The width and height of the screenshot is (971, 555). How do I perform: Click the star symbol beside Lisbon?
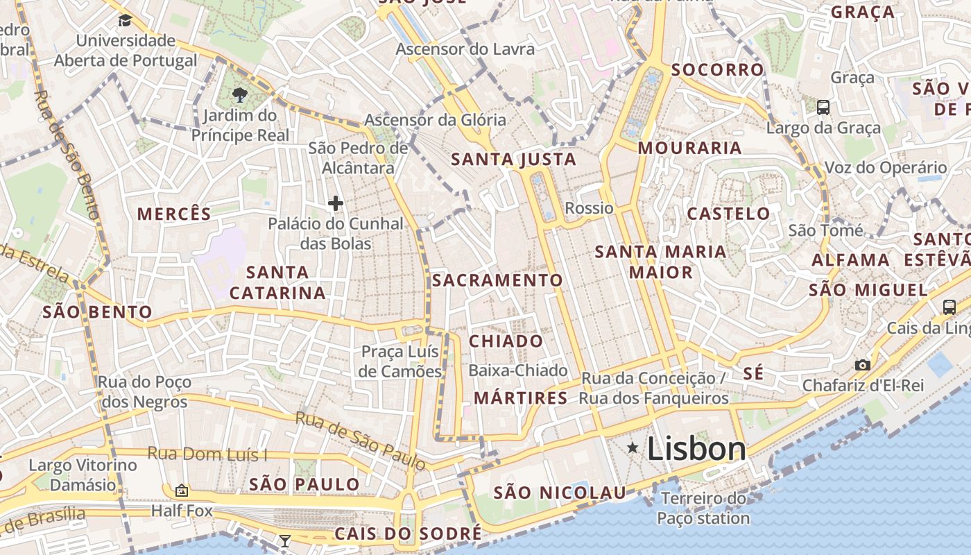point(633,448)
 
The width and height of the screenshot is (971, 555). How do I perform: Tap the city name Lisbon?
point(696,449)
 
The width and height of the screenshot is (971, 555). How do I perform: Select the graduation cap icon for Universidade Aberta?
point(125,21)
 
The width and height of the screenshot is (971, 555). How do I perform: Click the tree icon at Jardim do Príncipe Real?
point(240,94)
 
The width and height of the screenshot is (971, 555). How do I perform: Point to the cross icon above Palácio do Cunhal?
point(336,203)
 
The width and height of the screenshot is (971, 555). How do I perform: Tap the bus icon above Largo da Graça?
point(823,108)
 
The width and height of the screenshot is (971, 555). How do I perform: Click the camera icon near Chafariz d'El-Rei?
point(863,365)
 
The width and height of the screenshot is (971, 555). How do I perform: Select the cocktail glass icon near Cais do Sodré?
point(284,540)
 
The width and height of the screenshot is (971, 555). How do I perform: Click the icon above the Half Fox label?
point(182,491)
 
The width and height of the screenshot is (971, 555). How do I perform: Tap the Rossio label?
point(589,208)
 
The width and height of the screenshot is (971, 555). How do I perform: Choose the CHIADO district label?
point(506,341)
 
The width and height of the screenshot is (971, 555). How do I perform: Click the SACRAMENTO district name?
point(497,280)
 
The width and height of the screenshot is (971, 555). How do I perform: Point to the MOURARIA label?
point(689,148)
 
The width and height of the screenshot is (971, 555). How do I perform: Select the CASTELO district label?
point(728,214)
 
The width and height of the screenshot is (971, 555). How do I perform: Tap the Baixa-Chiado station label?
point(517,370)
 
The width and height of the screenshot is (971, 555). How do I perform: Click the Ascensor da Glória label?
point(436,119)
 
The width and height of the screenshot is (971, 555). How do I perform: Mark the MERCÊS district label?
point(174,214)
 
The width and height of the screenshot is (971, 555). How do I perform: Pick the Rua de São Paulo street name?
point(360,440)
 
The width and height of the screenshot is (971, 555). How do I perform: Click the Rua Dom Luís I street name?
point(207,454)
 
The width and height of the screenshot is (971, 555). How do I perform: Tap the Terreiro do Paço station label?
point(703,508)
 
